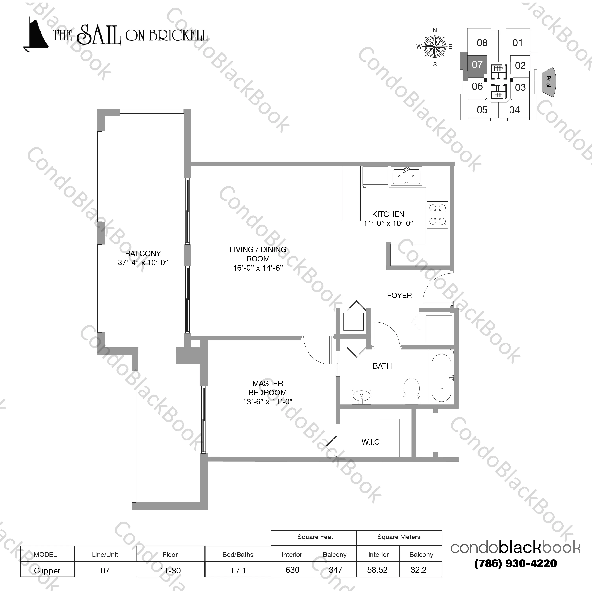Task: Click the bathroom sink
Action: pyautogui.click(x=362, y=397)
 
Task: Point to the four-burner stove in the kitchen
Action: pyautogui.click(x=437, y=215)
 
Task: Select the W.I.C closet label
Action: pyautogui.click(x=371, y=442)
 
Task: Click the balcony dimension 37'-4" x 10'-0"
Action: pyautogui.click(x=143, y=262)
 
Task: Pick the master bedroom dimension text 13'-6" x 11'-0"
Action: pyautogui.click(x=268, y=402)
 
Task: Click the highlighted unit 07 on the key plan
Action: pyautogui.click(x=477, y=65)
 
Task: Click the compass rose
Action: pyautogui.click(x=435, y=47)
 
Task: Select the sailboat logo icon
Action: pyautogui.click(x=36, y=35)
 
